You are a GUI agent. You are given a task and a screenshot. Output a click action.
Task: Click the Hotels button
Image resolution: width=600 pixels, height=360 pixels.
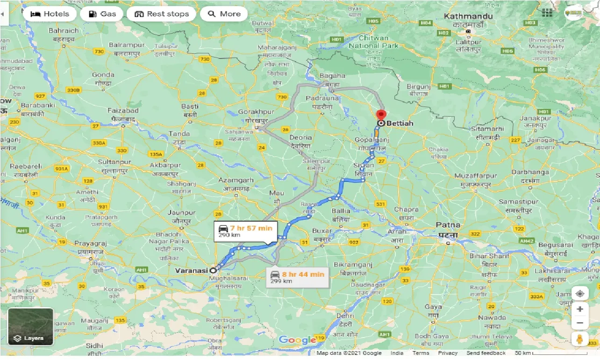pyautogui.click(x=49, y=14)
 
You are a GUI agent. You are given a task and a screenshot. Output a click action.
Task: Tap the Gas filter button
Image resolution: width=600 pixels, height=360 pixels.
pyautogui.click(x=101, y=14)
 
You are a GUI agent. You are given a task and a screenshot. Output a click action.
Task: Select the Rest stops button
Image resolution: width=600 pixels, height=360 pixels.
pyautogui.click(x=161, y=14)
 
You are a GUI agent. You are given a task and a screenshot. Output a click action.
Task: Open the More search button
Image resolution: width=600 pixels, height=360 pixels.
pyautogui.click(x=224, y=14)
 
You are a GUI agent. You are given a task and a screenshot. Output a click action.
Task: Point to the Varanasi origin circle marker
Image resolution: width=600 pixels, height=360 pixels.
pyautogui.click(x=213, y=270)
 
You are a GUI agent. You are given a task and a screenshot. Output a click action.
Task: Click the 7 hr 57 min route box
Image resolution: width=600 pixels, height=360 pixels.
pyautogui.click(x=245, y=231)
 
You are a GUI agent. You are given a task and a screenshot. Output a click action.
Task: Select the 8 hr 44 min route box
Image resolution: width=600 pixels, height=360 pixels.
pyautogui.click(x=298, y=277)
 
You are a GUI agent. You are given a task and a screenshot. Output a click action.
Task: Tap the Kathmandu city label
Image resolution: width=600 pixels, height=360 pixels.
pyautogui.click(x=468, y=16)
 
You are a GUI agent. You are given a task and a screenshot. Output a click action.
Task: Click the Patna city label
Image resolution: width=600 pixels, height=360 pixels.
pyautogui.click(x=448, y=225)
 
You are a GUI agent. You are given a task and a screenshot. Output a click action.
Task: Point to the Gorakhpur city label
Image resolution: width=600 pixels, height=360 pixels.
pyautogui.click(x=256, y=112)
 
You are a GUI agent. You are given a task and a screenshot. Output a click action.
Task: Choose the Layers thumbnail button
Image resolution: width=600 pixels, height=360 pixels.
pyautogui.click(x=31, y=326)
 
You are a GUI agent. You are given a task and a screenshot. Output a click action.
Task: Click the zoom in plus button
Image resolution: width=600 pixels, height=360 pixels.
pyautogui.click(x=580, y=309)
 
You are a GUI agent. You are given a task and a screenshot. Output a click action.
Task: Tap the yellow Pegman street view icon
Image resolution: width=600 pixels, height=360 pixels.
pyautogui.click(x=580, y=339)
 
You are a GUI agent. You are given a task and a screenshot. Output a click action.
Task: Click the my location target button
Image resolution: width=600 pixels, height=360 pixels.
pyautogui.click(x=580, y=294)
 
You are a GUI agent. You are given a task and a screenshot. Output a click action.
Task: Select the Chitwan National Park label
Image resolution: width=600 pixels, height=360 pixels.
pyautogui.click(x=373, y=42)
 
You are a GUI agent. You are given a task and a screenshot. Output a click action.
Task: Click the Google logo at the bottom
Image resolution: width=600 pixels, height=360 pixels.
pyautogui.click(x=297, y=340)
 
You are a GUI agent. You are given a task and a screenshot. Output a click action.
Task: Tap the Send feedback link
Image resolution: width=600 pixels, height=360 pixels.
pyautogui.click(x=486, y=353)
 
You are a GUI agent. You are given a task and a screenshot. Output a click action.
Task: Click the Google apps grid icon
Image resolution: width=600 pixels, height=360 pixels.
pyautogui.click(x=547, y=13)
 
